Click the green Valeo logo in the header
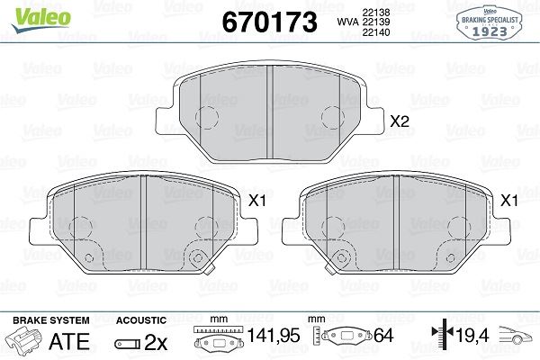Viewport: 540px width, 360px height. coord(28,13)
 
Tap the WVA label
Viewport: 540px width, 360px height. coord(346,22)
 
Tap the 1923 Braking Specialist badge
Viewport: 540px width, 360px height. coord(493,22)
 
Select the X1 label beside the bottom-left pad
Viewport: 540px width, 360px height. coord(255,201)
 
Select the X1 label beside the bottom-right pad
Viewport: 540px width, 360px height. coord(508,201)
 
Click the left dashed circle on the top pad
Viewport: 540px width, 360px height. coord(208,118)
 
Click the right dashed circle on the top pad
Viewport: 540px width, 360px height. coord(334,118)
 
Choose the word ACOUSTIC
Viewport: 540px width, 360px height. coord(141,319)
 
